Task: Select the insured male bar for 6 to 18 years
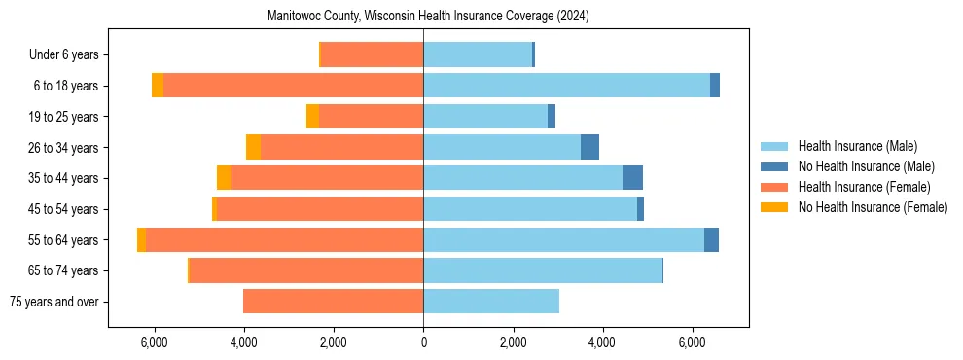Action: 566,86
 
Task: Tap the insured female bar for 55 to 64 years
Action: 284,239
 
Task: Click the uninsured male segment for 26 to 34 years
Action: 589,147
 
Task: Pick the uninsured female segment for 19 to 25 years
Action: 312,117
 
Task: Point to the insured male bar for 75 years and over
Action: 491,302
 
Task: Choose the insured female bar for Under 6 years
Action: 372,54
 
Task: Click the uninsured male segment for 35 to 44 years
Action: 632,178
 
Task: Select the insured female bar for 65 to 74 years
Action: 306,270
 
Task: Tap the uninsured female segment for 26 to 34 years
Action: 253,147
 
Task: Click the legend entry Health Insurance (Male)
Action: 857,146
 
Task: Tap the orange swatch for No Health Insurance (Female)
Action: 775,207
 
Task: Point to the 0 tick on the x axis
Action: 423,342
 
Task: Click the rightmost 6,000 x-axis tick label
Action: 692,342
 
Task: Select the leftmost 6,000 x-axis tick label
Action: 154,342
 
